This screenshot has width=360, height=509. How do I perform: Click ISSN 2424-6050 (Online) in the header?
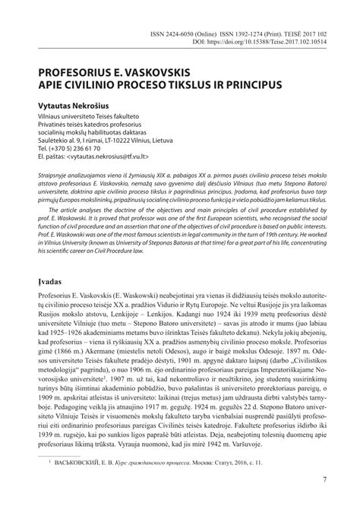pyautogui.click(x=185, y=33)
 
